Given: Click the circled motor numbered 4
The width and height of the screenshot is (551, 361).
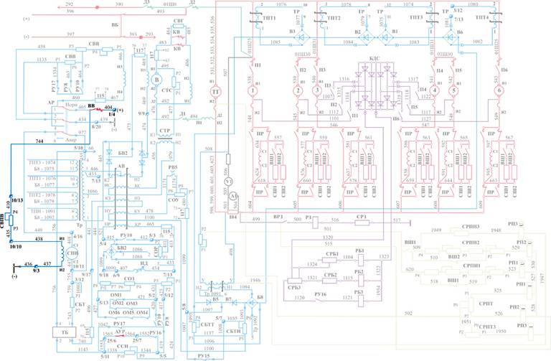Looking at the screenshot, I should [x=435, y=92].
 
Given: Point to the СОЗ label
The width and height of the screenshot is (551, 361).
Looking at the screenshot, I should [x=130, y=278].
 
